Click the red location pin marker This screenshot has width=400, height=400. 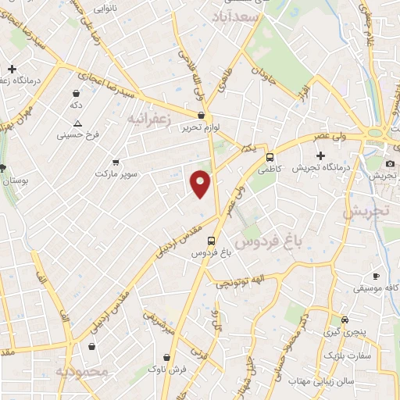(201, 182)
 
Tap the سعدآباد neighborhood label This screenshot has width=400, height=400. (234, 15)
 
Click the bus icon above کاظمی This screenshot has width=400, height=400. (270, 156)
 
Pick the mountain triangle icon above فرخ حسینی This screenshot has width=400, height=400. (77, 123)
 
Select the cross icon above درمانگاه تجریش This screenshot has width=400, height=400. (320, 155)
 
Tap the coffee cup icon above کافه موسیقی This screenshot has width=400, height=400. (375, 276)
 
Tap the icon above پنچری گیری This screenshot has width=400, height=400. (345, 320)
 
